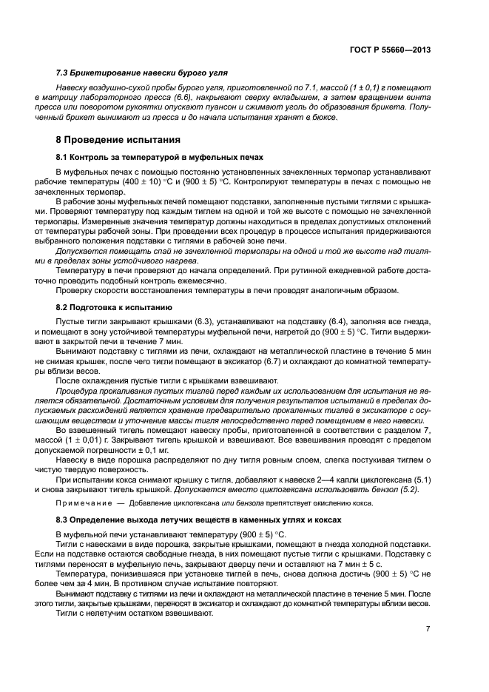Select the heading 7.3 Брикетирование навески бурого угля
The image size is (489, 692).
pos(141,75)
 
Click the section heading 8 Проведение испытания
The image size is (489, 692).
pos(118,140)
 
